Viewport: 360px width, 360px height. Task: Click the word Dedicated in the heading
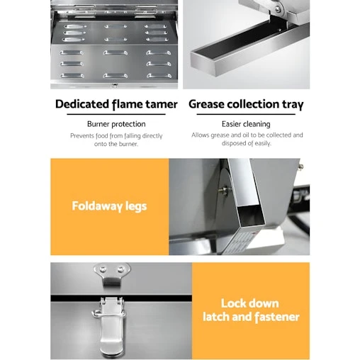[81, 104]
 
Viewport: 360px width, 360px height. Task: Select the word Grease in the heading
[207, 104]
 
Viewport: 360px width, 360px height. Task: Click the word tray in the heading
[293, 105]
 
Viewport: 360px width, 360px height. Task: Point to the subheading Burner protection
[116, 124]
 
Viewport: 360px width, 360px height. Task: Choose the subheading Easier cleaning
[246, 124]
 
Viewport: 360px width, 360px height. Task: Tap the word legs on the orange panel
[136, 206]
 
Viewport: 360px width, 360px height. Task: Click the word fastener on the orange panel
[277, 317]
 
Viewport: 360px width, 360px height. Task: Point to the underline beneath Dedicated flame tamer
[116, 114]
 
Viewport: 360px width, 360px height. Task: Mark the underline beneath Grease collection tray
[246, 114]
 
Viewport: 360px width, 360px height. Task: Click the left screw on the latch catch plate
[103, 269]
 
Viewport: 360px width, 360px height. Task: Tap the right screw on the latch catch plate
[120, 269]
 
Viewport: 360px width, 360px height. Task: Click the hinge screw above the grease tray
[278, 9]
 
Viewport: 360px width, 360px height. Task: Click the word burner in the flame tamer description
[128, 144]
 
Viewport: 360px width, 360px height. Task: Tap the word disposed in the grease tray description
[233, 143]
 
